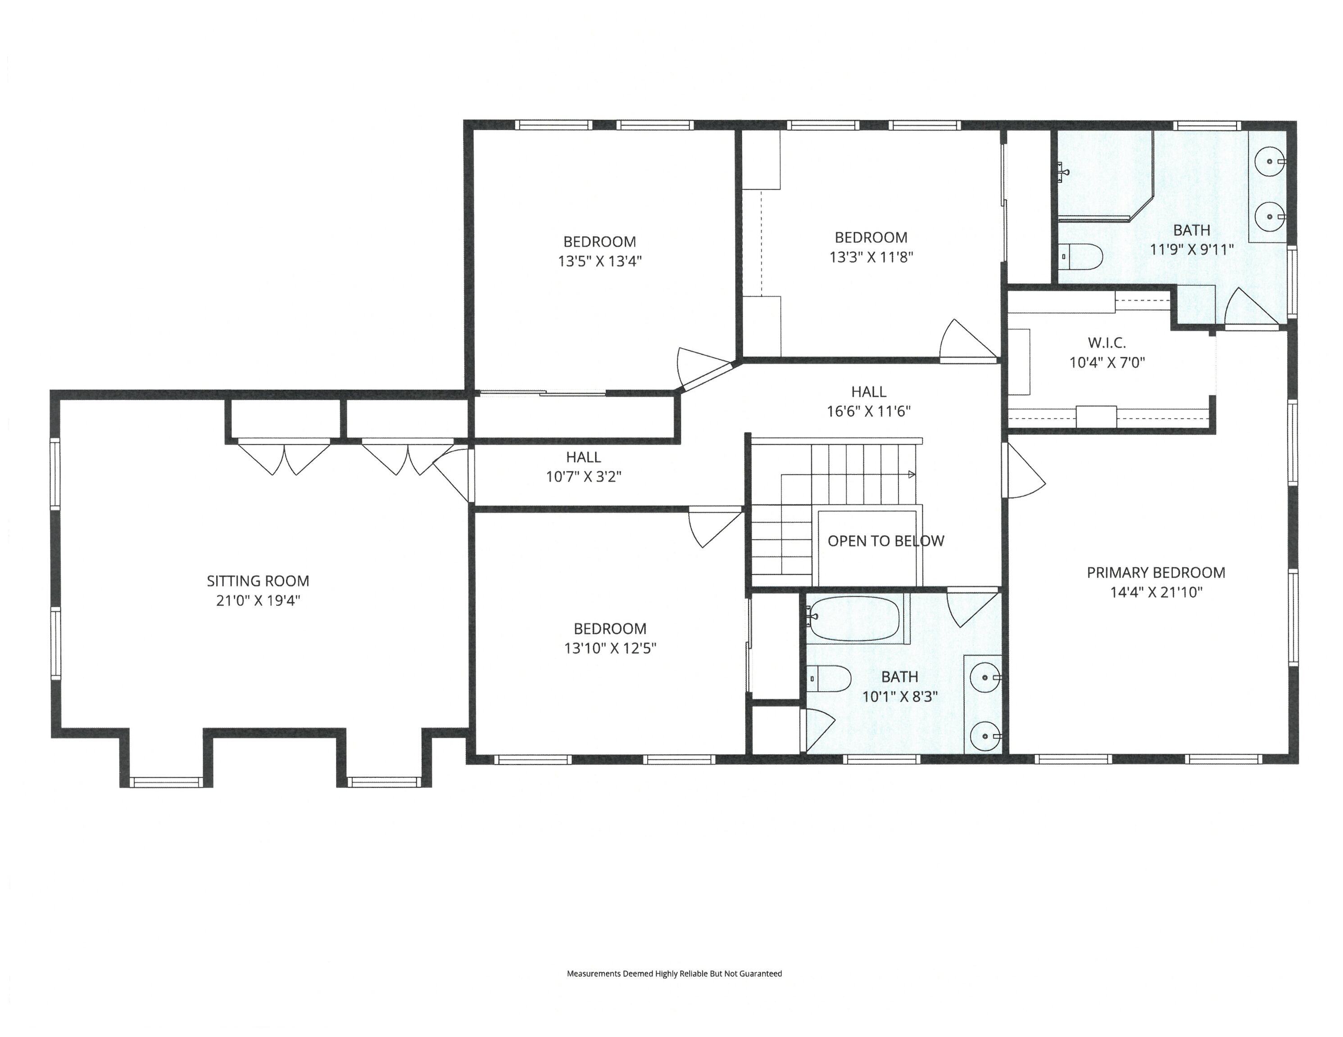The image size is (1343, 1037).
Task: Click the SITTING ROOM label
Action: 258,581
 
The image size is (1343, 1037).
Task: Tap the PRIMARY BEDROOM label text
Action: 1156,573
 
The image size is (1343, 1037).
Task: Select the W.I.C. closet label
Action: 1107,343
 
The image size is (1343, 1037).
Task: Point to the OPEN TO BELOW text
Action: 885,541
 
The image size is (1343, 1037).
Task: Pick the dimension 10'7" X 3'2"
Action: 584,476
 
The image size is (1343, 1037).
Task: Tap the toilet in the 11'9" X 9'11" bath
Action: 1082,257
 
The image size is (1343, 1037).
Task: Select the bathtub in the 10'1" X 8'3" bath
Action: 855,618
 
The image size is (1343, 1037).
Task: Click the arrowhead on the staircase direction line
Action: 912,474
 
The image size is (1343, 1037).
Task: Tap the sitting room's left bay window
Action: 167,783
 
